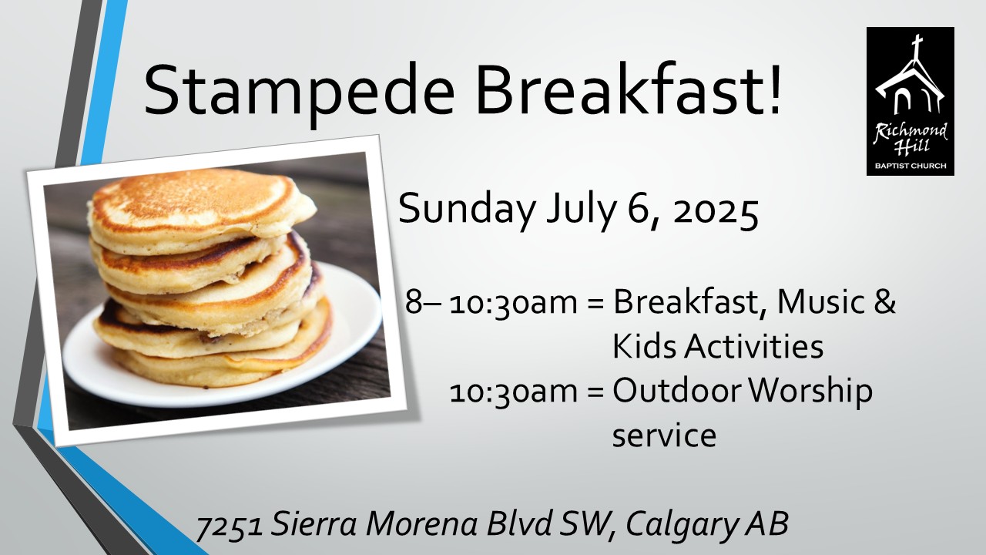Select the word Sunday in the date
[467, 210]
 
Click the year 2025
[716, 211]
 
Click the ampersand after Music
[884, 302]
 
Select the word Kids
[644, 346]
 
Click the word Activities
[753, 346]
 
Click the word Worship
[810, 392]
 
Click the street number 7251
[230, 526]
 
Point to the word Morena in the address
[421, 524]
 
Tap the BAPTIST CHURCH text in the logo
[911, 166]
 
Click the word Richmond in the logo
[910, 131]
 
